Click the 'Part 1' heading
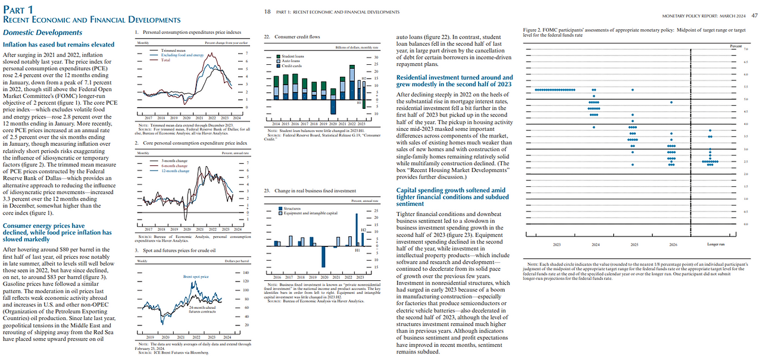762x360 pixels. [18, 9]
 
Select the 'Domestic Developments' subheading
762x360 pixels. [43, 32]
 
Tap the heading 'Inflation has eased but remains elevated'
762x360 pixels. [58, 44]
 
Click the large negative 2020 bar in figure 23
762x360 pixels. [323, 256]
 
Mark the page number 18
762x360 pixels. [267, 11]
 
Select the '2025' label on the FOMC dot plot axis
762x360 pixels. [633, 245]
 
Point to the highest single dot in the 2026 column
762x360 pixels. [671, 102]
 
